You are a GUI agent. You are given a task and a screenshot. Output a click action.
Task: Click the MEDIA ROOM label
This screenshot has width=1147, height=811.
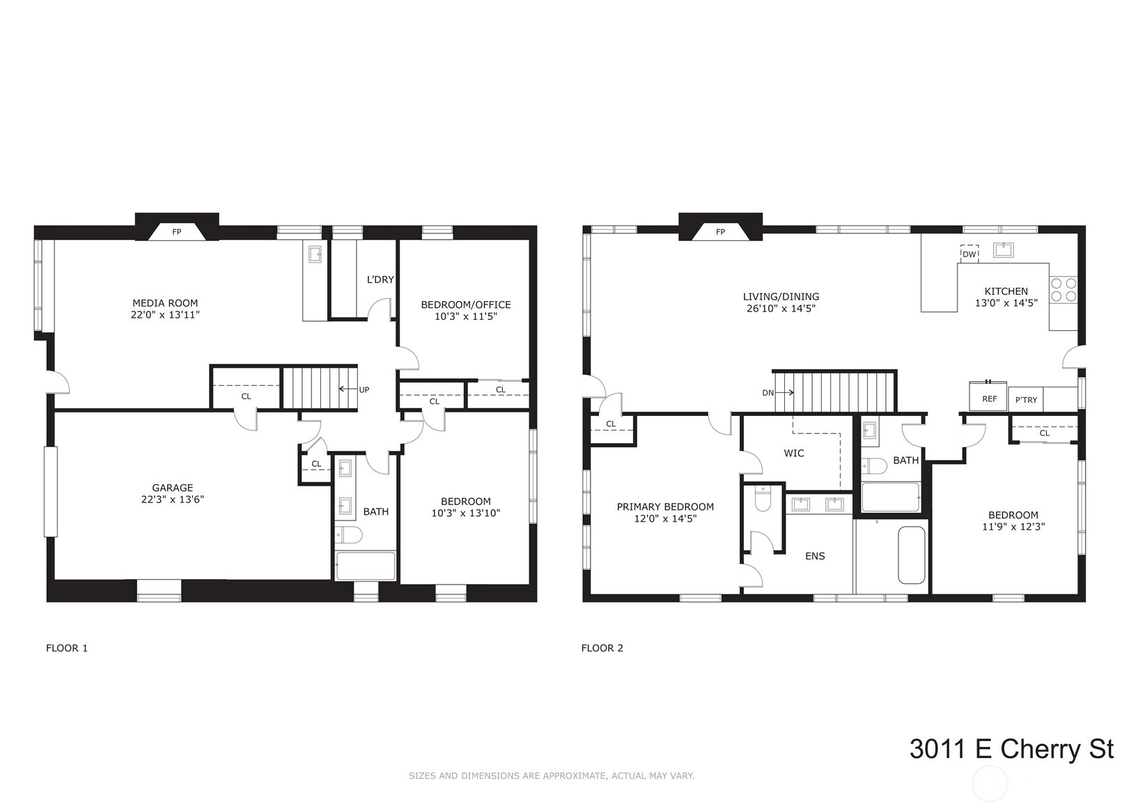coord(165,303)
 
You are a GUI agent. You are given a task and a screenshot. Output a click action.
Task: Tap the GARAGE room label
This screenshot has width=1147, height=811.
coord(173,488)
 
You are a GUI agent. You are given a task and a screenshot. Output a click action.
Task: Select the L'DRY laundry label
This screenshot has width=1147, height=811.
coord(380,279)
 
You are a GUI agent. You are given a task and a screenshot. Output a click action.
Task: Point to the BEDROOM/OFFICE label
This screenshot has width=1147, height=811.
coord(466,305)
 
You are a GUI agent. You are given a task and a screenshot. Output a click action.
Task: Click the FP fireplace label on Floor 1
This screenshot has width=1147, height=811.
coord(177,232)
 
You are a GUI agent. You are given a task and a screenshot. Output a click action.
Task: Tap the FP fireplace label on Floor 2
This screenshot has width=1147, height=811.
coord(721,232)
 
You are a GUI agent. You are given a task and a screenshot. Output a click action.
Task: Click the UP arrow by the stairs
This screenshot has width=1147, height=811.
coord(348,389)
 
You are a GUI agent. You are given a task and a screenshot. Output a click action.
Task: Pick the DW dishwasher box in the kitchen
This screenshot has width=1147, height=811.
coord(969,254)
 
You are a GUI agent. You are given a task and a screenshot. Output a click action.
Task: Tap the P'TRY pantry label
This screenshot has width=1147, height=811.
coord(1026,400)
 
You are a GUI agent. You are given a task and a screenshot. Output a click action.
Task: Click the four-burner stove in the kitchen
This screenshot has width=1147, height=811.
coord(1063,289)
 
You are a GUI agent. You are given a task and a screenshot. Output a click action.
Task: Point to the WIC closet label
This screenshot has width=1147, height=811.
coord(794,454)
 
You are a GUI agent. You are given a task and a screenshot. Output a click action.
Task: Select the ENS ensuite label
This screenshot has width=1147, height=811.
coord(816,556)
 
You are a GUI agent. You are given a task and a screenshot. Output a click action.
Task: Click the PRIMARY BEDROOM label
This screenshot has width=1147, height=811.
coord(665,507)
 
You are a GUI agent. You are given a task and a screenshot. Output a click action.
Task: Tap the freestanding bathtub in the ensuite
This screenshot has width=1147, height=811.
coord(912,555)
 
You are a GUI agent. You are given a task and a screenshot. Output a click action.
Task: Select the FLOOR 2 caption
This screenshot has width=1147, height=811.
coord(602,648)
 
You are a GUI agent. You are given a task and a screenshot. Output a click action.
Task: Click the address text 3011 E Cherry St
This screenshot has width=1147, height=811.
coord(1011,749)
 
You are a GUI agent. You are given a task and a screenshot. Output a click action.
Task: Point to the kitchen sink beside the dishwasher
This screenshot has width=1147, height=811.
coord(1004,250)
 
